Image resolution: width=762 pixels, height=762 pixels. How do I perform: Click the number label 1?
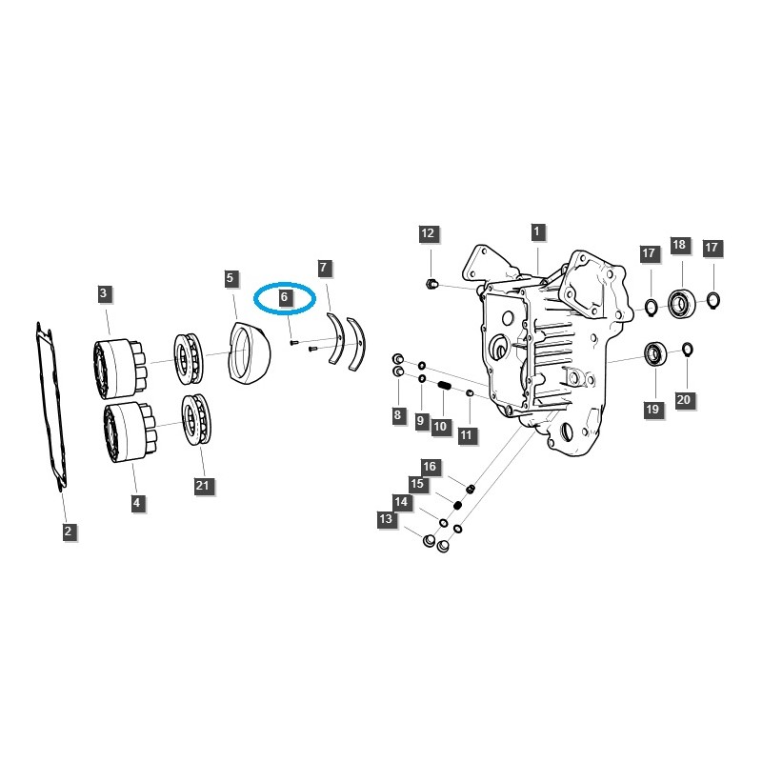[x=536, y=231]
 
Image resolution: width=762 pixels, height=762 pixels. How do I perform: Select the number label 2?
[x=69, y=531]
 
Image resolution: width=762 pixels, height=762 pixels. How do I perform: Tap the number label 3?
[x=103, y=293]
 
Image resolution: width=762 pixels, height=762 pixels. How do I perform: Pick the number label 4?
[x=136, y=502]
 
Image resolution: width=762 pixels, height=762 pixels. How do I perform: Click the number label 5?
[x=231, y=278]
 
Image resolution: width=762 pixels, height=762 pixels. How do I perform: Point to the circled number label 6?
[x=284, y=298]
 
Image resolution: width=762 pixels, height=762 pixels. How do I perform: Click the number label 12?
[x=428, y=233]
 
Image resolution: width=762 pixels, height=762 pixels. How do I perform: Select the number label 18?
[x=679, y=245]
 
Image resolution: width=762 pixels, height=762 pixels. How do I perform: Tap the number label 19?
[x=652, y=410]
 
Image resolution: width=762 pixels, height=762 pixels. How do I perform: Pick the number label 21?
[x=202, y=486]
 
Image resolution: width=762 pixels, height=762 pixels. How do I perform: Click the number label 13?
[x=386, y=519]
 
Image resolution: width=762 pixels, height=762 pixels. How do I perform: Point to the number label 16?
[x=430, y=467]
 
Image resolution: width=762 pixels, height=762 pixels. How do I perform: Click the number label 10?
[x=440, y=427]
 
